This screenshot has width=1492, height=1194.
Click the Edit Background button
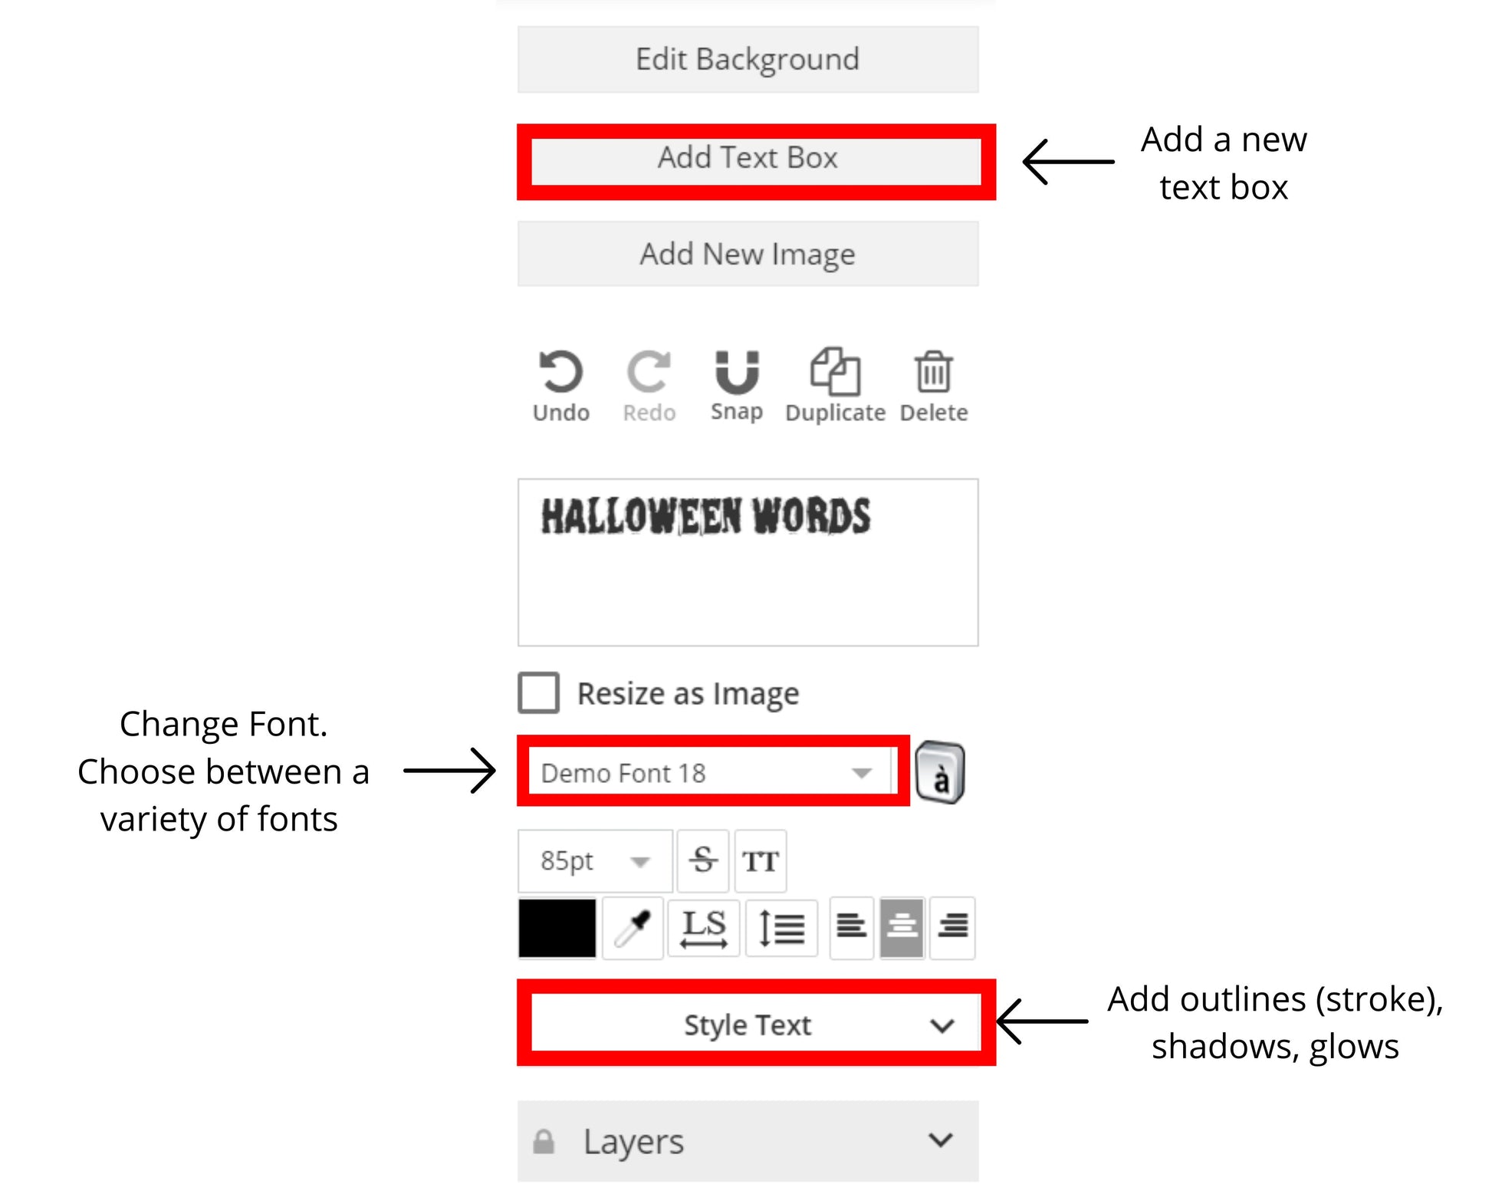click(748, 60)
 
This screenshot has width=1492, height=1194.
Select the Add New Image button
click(748, 254)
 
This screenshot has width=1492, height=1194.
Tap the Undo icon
click(561, 373)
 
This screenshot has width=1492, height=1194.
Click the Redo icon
click(649, 373)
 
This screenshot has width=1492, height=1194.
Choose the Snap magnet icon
click(737, 373)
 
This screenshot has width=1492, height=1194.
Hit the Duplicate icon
click(835, 373)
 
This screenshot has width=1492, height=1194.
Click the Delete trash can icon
click(933, 373)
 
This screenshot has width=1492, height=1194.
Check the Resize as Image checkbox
click(538, 693)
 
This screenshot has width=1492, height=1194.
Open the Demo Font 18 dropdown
click(709, 772)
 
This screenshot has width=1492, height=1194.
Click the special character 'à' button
click(940, 773)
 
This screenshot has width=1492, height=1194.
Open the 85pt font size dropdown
click(595, 860)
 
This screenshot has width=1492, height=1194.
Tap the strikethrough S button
click(703, 860)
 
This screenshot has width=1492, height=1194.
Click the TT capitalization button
click(760, 860)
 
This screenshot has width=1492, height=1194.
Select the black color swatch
click(557, 928)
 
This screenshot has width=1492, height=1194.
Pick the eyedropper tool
click(633, 928)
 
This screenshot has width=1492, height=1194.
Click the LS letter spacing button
click(703, 928)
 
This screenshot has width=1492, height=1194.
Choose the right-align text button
click(952, 928)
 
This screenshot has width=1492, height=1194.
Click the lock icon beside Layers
click(544, 1142)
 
